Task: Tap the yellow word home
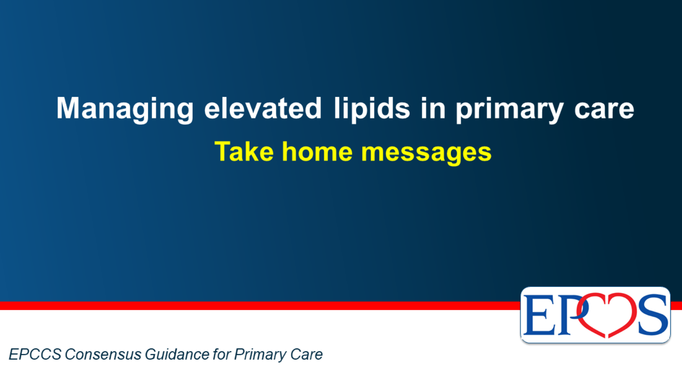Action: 317,151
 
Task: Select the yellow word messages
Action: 426,153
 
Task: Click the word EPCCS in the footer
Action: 35,354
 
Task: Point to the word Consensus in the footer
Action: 103,354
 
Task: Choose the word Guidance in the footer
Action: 177,354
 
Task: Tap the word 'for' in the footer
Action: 222,354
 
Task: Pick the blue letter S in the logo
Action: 653,315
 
